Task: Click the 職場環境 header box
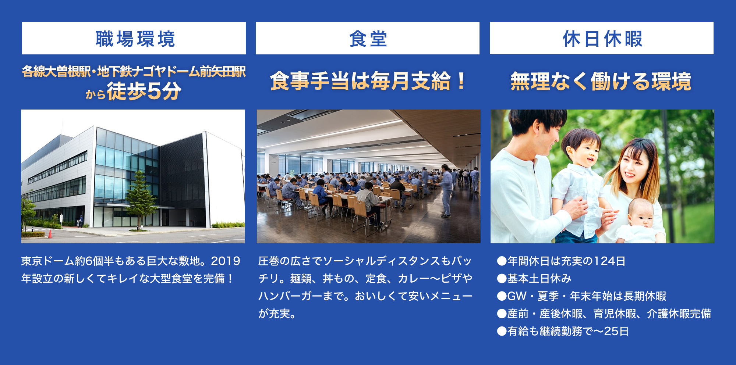pos(134,38)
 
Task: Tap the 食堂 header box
pos(368,38)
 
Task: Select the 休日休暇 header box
pos(602,38)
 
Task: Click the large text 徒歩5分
pos(144,91)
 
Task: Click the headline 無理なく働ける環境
pos(601,81)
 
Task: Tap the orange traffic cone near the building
pos(50,233)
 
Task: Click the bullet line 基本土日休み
pos(534,278)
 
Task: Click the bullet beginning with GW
pos(581,296)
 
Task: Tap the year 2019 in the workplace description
pos(225,261)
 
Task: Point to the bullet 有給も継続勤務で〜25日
pos(563,331)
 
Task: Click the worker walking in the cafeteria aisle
pos(446,191)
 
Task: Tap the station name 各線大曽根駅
pos(56,72)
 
